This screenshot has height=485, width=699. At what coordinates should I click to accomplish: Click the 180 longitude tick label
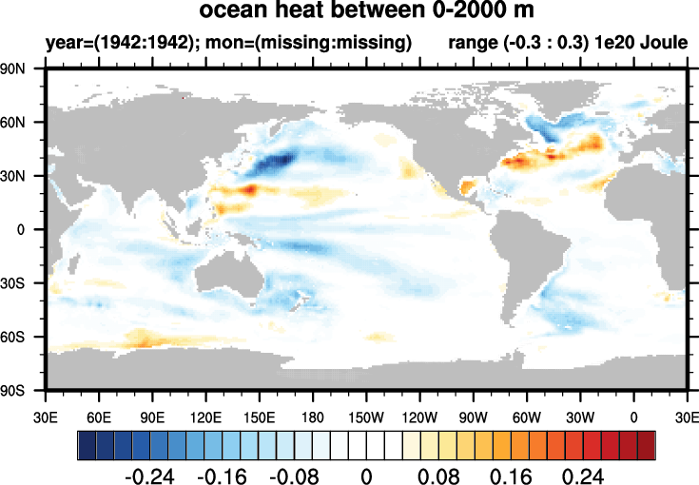[x=313, y=416]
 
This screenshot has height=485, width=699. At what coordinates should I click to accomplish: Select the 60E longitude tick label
[x=99, y=416]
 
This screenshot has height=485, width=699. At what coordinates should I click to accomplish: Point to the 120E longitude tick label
[x=206, y=416]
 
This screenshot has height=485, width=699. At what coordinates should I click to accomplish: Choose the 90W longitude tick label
[x=474, y=416]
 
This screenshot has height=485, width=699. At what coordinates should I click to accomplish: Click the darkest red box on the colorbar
[x=646, y=444]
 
